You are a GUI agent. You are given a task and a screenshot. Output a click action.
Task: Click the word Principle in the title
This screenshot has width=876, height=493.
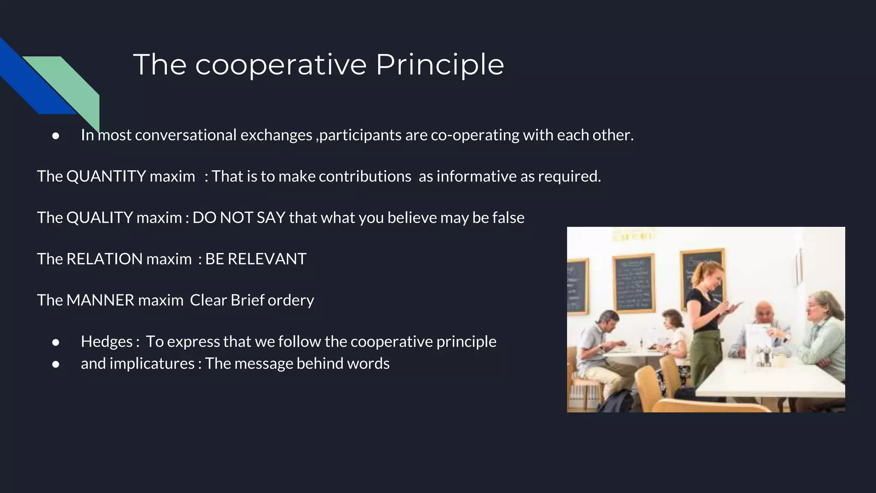click(440, 65)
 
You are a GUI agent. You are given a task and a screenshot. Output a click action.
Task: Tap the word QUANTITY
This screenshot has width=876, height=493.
click(106, 176)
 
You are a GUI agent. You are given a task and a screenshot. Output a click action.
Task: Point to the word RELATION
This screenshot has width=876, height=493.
click(104, 259)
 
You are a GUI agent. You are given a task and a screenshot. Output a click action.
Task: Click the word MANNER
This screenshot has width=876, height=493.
click(100, 300)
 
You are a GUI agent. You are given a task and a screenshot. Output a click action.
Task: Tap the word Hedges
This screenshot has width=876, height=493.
click(107, 342)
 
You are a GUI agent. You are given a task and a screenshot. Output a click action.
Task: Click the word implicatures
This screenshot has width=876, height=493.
click(152, 364)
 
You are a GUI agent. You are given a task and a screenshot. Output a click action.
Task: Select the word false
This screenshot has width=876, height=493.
click(508, 218)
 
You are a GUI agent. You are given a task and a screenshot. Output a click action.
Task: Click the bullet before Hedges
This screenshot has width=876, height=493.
click(56, 342)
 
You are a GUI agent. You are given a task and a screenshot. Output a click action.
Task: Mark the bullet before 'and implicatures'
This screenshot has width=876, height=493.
click(56, 364)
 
